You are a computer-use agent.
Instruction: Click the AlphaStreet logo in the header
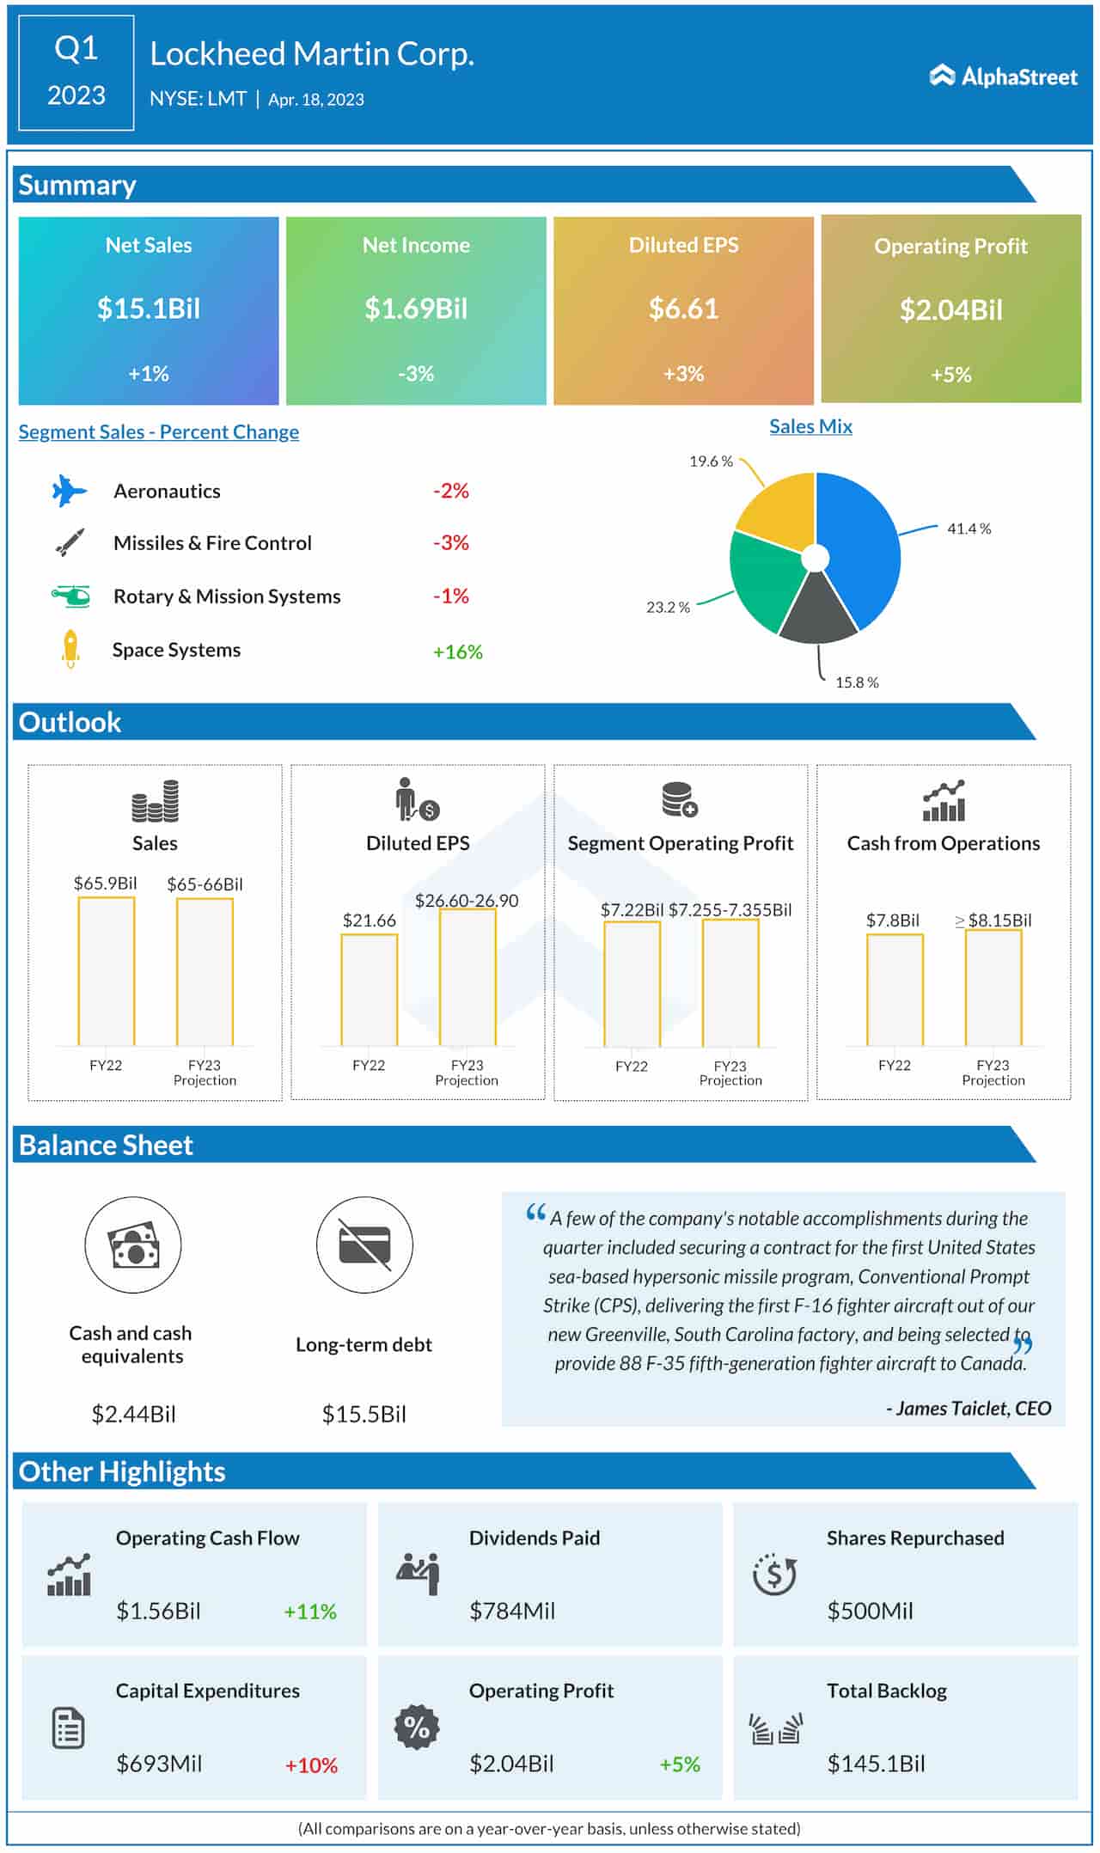1003,76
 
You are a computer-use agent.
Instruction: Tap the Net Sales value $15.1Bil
149,309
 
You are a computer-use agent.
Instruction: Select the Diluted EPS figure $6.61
683,309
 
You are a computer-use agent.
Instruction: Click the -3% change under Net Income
416,374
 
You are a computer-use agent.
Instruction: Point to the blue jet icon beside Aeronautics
69,491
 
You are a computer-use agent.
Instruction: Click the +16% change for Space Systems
457,651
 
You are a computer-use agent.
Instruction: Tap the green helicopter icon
70,596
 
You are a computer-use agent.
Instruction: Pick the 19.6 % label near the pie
711,462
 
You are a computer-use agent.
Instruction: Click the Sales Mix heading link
810,426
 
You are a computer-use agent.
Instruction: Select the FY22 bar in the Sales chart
107,971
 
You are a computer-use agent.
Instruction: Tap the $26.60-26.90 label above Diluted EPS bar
467,900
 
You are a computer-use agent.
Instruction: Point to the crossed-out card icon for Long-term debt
364,1245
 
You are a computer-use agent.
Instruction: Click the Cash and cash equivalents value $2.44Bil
133,1414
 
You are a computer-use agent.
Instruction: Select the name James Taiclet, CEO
969,1408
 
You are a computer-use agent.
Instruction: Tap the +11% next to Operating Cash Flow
310,1611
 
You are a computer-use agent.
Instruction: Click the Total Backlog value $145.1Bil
876,1764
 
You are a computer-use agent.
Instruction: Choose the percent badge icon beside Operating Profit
417,1727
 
